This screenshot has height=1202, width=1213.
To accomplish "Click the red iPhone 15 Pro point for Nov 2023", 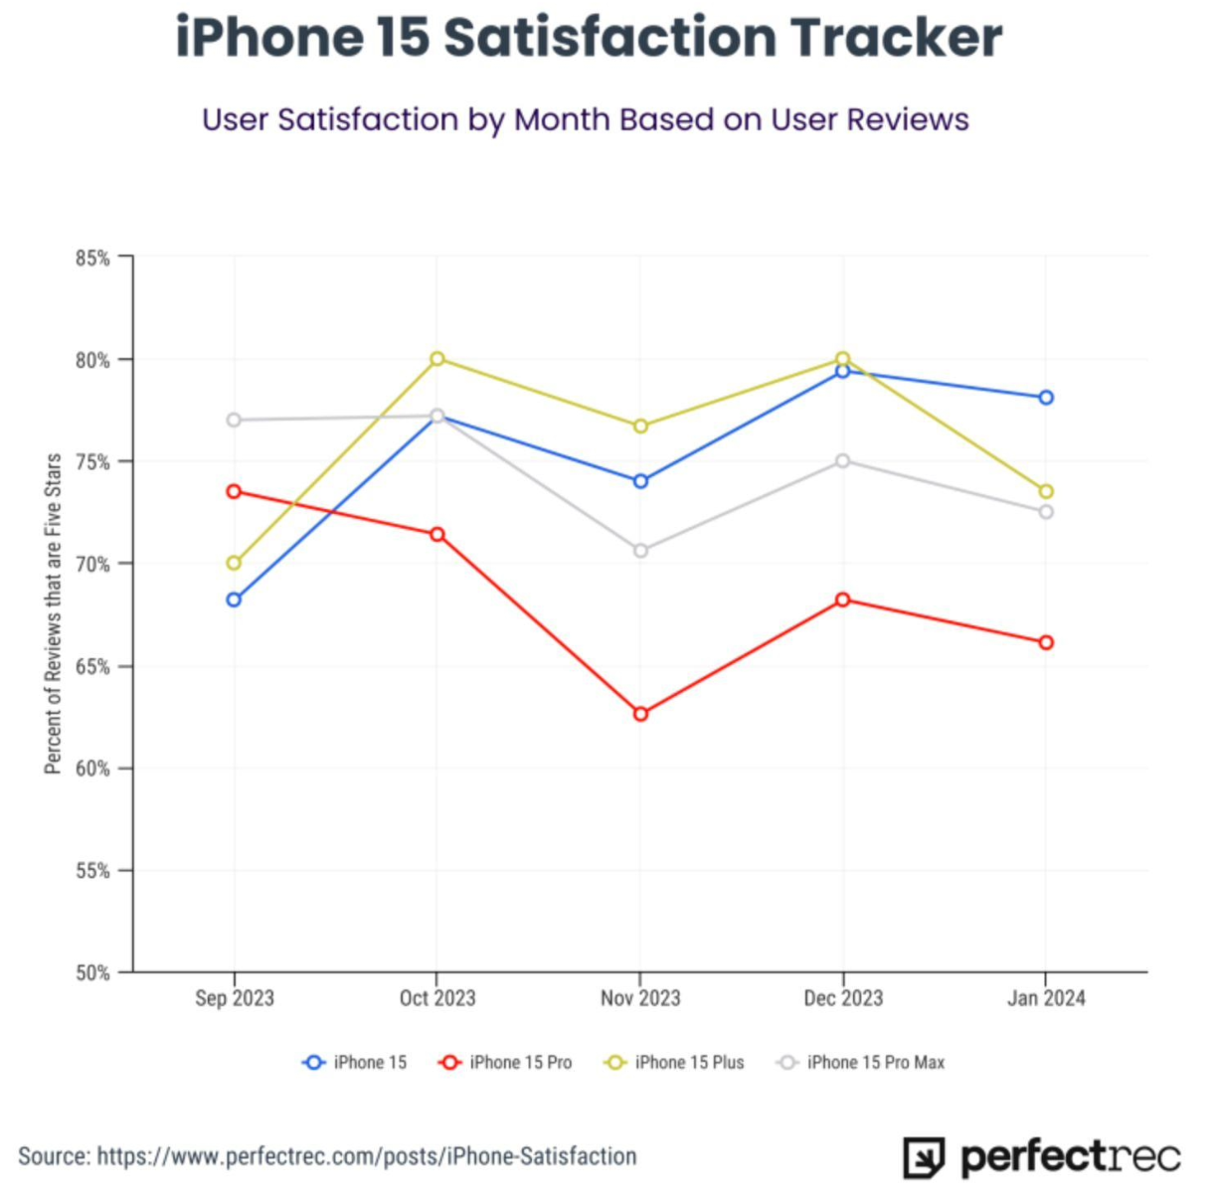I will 640,714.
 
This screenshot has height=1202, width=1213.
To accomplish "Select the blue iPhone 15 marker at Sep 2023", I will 234,600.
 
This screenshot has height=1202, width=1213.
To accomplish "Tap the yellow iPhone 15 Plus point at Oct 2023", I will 437,359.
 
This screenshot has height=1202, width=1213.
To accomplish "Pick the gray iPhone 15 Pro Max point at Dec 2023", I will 843,460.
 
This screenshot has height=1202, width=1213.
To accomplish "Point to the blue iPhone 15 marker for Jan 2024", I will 1046,398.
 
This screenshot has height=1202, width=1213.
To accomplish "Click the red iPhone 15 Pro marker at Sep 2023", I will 234,491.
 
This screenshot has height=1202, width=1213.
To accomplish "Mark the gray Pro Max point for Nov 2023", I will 640,551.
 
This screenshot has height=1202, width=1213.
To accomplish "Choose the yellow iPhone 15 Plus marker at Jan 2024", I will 1046,491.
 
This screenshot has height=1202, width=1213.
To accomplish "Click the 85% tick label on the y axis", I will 92,258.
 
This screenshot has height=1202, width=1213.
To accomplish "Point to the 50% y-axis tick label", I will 92,973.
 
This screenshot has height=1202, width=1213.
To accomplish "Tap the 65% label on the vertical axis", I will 92,667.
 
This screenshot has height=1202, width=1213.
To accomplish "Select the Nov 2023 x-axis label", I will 640,998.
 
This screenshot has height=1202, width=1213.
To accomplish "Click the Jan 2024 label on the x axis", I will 1046,998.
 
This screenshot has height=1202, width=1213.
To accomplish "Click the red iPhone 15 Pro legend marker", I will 449,1063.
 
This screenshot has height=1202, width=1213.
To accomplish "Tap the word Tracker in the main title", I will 896,38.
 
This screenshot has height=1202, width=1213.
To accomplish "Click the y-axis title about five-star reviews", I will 54,613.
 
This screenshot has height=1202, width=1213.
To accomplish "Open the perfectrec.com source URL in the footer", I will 367,1156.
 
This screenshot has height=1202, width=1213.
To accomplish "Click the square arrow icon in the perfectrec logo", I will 924,1158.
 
